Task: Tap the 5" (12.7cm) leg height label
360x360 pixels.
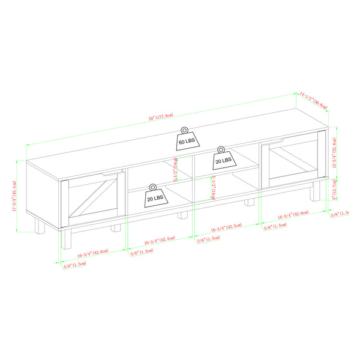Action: point(338,190)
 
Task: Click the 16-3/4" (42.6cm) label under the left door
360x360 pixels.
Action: point(91,253)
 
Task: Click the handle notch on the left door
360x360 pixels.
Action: point(112,174)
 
